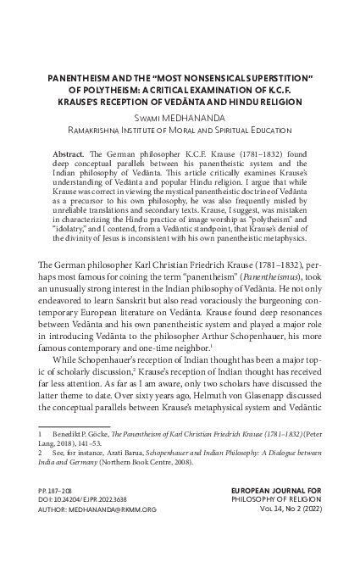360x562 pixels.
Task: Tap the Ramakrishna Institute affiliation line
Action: coord(180,131)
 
